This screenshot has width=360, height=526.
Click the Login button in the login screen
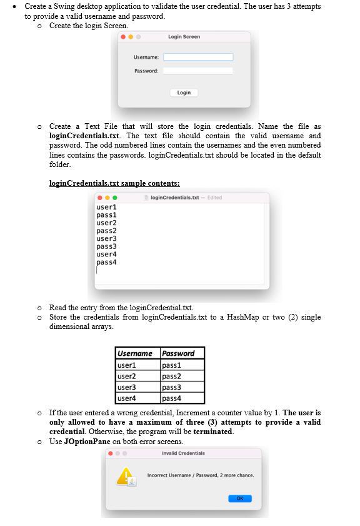(x=184, y=93)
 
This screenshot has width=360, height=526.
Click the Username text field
(x=198, y=57)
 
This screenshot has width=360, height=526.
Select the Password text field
(x=198, y=71)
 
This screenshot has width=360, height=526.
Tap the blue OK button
(x=240, y=498)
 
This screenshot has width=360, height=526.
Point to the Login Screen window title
(x=184, y=37)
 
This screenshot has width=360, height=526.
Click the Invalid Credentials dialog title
(x=183, y=453)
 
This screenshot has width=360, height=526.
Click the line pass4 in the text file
(x=107, y=262)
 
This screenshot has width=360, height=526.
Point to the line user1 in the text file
(x=107, y=206)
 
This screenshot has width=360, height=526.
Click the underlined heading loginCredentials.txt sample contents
(x=114, y=183)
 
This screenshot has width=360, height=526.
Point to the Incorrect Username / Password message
(x=200, y=475)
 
